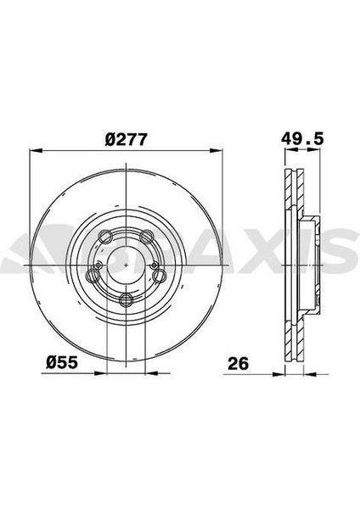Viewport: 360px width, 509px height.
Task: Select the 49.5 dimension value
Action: (x=304, y=137)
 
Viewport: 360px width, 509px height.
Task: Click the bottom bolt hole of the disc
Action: (x=127, y=299)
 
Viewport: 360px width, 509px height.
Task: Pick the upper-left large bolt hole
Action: (x=105, y=238)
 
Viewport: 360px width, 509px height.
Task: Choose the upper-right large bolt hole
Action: (x=148, y=238)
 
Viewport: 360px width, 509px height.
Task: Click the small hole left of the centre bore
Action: (x=98, y=265)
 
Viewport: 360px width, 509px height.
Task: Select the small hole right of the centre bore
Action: (x=154, y=265)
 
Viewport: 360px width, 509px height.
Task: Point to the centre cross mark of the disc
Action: (x=126, y=265)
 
